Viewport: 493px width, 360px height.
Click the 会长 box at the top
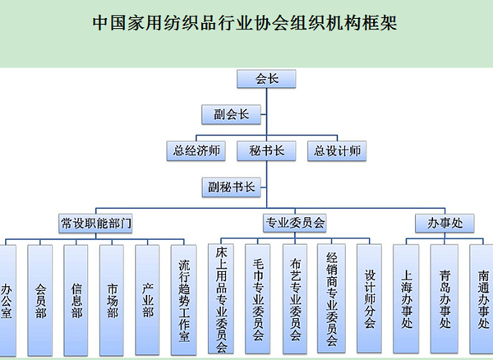(266, 79)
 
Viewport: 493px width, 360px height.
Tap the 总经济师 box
(194, 150)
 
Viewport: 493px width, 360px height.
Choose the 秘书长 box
(266, 150)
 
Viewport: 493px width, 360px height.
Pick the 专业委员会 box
(295, 223)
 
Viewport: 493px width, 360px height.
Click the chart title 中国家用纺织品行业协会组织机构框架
(246, 23)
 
